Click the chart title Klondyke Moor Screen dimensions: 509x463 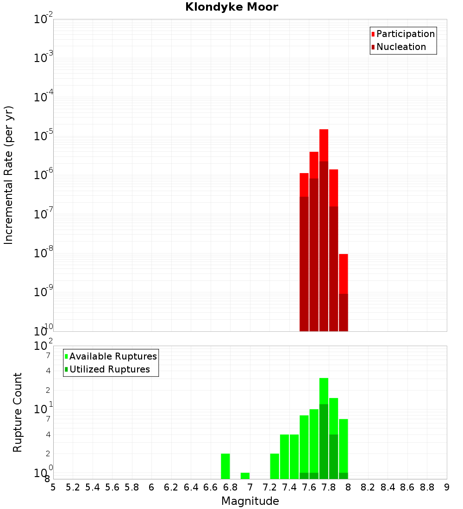[x=231, y=7]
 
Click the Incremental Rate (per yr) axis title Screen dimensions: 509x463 [x=9, y=175]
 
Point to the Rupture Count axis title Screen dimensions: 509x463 [x=18, y=412]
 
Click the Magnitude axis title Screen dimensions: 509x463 [x=250, y=501]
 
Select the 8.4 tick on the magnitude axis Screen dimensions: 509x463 [x=388, y=487]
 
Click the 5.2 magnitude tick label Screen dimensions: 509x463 [x=73, y=487]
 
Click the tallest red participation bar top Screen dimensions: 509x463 [x=324, y=130]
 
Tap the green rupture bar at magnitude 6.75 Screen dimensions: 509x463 [x=225, y=466]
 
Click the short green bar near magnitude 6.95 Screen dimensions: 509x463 [x=245, y=476]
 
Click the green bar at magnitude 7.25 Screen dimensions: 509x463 [x=275, y=466]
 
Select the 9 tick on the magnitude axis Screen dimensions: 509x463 [x=447, y=487]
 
